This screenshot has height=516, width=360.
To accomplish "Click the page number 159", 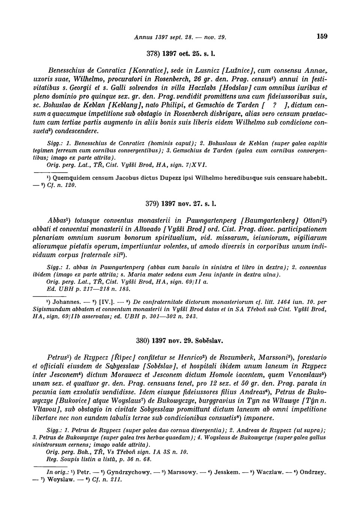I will click(322, 36).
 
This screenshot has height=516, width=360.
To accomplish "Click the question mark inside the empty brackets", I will click(275, 105).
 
